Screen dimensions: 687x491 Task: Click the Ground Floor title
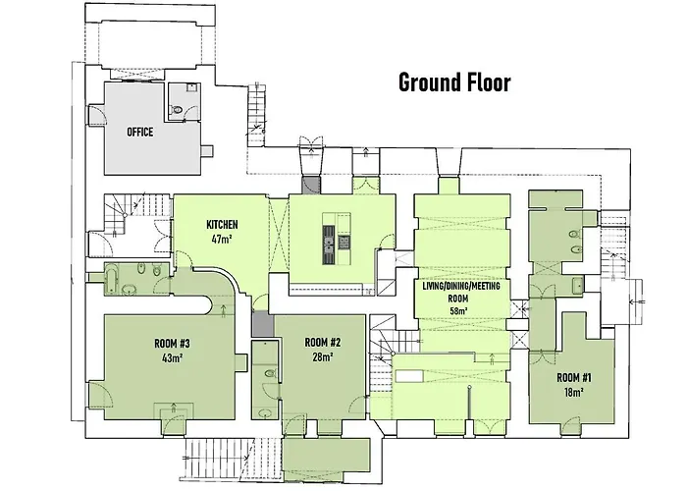[x=454, y=82]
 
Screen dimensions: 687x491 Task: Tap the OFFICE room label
[x=139, y=132]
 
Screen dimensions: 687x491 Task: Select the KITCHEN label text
[x=222, y=225]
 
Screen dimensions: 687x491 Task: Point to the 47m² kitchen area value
[x=222, y=240]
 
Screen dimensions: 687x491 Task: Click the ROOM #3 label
[x=172, y=344]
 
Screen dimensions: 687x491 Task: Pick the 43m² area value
[x=172, y=357]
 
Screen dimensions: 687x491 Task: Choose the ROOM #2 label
[x=323, y=342]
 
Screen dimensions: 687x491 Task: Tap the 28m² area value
[x=323, y=356]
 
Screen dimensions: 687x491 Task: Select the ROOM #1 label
[x=574, y=377]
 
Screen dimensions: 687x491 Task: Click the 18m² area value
[x=574, y=392]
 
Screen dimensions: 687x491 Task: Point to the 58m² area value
[x=458, y=311]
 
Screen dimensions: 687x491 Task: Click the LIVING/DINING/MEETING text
[x=461, y=287]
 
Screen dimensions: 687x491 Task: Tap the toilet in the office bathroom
[x=177, y=110]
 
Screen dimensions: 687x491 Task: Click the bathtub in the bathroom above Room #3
[x=111, y=280]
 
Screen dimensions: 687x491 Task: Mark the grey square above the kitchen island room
[x=311, y=185]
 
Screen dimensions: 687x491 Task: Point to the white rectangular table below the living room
[x=409, y=376]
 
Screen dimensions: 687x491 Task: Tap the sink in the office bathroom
[x=191, y=87]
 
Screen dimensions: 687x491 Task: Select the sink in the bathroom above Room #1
[x=577, y=286]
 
